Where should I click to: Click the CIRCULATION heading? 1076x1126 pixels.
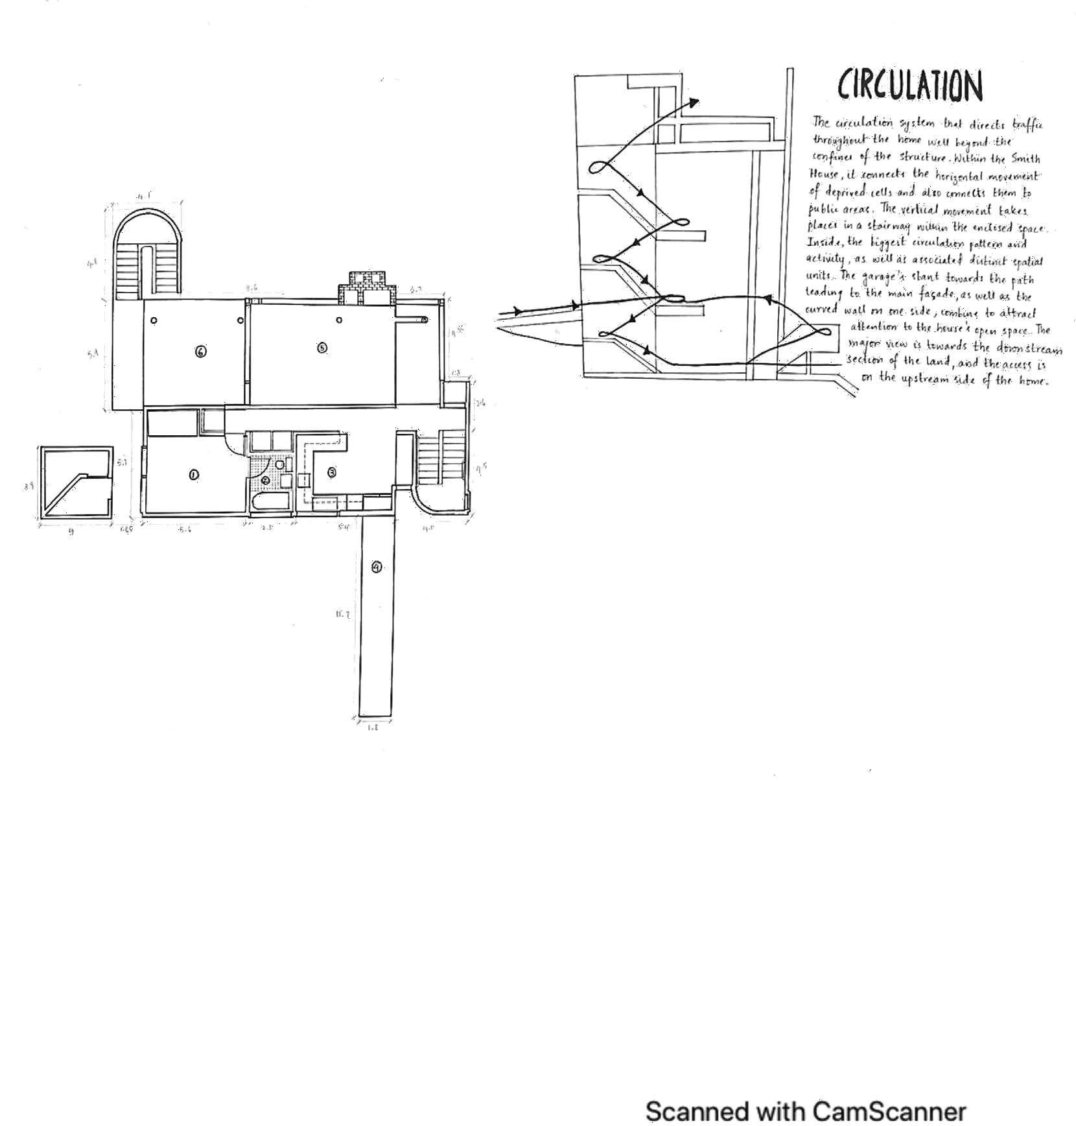pyautogui.click(x=910, y=86)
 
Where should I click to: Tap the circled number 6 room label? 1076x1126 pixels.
pyautogui.click(x=201, y=352)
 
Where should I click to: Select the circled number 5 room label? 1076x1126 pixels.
pyautogui.click(x=322, y=348)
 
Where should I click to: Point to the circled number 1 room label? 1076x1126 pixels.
pyautogui.click(x=193, y=475)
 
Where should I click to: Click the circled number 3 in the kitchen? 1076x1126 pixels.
pyautogui.click(x=332, y=472)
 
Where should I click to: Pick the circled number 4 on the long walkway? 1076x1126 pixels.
pyautogui.click(x=377, y=567)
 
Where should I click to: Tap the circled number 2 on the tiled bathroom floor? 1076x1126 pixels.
pyautogui.click(x=266, y=480)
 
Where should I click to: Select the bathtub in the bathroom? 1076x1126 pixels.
pyautogui.click(x=270, y=503)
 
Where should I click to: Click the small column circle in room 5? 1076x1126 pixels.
pyautogui.click(x=340, y=320)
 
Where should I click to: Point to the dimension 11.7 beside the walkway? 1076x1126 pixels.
pyautogui.click(x=343, y=614)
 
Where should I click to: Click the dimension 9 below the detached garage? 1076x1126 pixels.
pyautogui.click(x=71, y=532)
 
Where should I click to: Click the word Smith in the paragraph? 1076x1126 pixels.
pyautogui.click(x=1025, y=158)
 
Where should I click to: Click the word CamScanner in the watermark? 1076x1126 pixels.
pyautogui.click(x=889, y=1110)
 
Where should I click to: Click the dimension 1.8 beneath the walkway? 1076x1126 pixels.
pyautogui.click(x=373, y=728)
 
